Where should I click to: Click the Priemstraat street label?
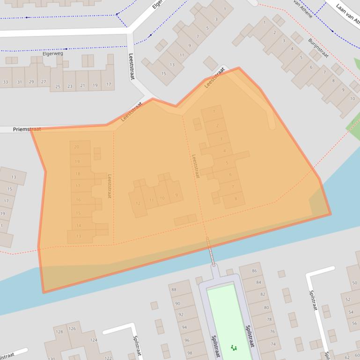(27, 129)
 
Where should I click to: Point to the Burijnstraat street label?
(318, 48)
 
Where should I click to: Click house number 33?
(6, 82)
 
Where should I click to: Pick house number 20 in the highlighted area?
(77, 147)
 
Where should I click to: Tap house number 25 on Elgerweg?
(58, 86)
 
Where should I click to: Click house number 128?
(59, 332)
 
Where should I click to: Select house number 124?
(94, 340)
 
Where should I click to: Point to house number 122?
(108, 358)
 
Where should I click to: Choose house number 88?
(174, 290)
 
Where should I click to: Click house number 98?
(190, 353)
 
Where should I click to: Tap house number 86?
(254, 271)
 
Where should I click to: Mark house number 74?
(273, 344)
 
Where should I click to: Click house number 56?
(354, 324)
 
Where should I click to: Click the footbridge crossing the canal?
(211, 251)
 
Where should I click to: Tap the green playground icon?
(234, 347)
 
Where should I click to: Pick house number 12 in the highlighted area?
(138, 203)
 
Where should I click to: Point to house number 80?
(266, 308)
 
